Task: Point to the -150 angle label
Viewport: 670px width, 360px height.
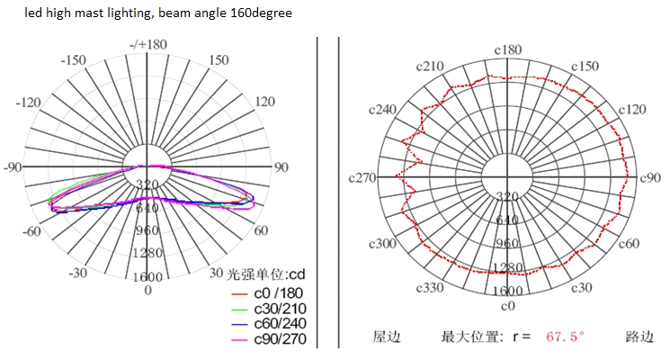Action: click(73, 60)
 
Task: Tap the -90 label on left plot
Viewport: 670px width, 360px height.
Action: click(13, 167)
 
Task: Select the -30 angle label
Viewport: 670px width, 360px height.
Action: click(78, 273)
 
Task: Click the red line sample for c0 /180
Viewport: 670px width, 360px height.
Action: click(237, 292)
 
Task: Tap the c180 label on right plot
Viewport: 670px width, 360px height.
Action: click(508, 49)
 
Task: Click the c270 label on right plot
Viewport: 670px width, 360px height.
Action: click(361, 178)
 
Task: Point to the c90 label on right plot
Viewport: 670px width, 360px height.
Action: click(650, 178)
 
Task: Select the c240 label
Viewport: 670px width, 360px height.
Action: click(383, 109)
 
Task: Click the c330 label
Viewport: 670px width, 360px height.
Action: click(430, 288)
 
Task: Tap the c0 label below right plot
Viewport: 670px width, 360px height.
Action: click(508, 306)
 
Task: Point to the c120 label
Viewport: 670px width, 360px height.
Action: click(632, 109)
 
